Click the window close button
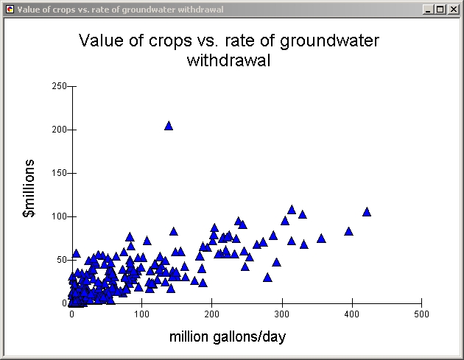(454, 10)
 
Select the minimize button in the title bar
(429, 10)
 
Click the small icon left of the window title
(9, 10)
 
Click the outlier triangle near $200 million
(169, 126)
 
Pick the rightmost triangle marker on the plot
(367, 212)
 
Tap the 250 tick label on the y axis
(60, 86)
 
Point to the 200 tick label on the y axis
(60, 130)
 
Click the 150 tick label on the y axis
(60, 173)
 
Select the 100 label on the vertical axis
(60, 216)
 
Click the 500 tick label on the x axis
(421, 314)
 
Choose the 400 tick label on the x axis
(351, 314)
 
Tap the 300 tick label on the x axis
(281, 314)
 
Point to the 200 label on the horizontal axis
(211, 314)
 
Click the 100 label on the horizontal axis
(141, 314)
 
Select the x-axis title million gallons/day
(228, 337)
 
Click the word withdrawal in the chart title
(229, 60)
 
